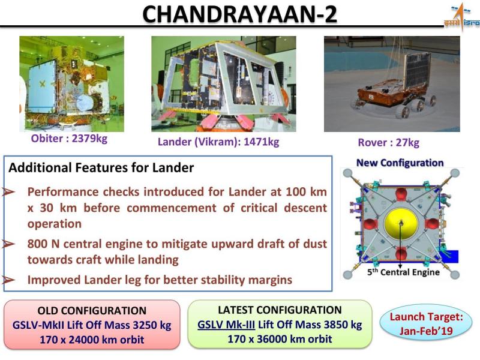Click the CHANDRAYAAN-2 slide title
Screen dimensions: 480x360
[239, 14]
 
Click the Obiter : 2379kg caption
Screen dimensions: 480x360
[69, 139]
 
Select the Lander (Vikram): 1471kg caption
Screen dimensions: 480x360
[218, 142]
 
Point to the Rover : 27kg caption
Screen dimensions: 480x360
[388, 143]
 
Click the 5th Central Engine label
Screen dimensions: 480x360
[403, 272]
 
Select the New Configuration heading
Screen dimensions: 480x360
[400, 163]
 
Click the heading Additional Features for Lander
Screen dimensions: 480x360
[101, 168]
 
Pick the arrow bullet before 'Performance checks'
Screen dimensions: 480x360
[8, 192]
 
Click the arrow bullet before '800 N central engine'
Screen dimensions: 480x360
[8, 244]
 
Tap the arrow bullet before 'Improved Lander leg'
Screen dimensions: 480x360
[8, 280]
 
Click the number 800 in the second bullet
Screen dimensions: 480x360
[37, 244]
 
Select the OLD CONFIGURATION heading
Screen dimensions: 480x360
[92, 311]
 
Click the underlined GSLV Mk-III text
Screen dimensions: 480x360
[226, 325]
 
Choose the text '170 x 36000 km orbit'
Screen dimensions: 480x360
[280, 339]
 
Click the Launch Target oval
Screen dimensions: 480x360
[426, 323]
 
